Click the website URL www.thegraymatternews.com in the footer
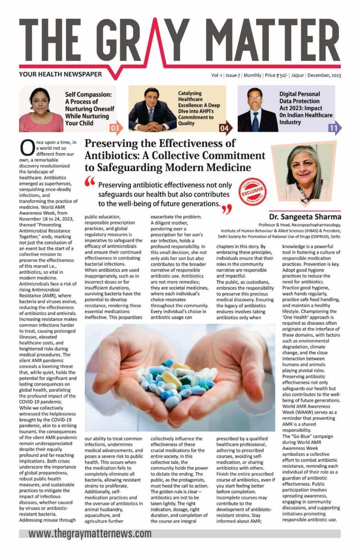(90, 533)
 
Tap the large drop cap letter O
(28, 148)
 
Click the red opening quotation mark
(89, 182)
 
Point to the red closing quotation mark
(227, 209)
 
